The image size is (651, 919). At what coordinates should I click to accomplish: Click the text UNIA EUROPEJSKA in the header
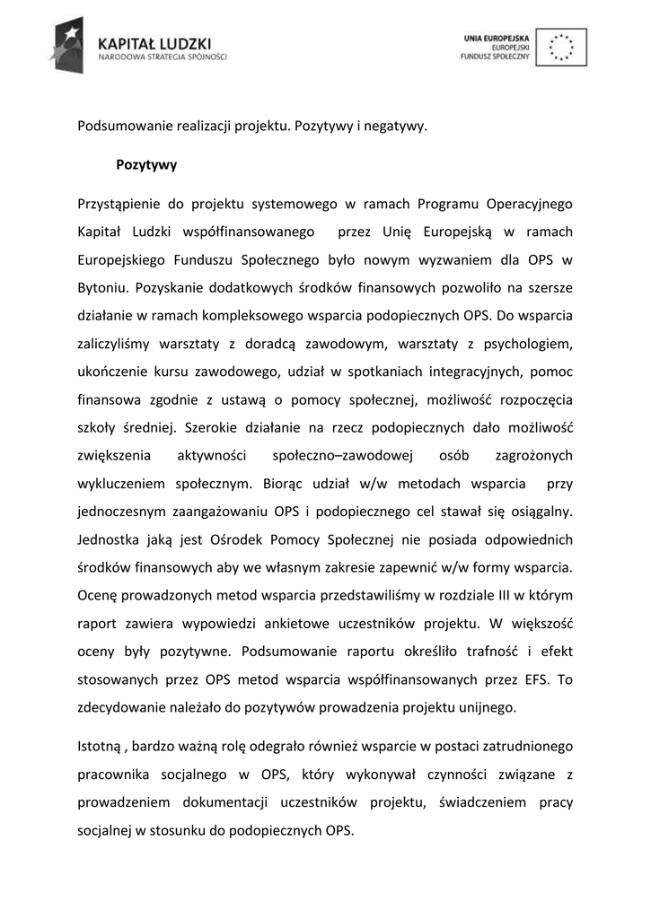coord(498,38)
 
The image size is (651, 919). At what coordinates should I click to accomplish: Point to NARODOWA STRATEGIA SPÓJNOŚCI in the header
coord(163,56)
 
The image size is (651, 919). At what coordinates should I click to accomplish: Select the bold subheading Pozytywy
coord(146,165)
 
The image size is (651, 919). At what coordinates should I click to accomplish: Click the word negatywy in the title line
coord(396,126)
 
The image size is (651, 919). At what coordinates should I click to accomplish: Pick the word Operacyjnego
coord(530,205)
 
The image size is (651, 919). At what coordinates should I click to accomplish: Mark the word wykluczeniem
coord(121,484)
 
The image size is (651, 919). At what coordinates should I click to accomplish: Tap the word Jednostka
coord(110,539)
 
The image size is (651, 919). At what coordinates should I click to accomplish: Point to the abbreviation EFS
coord(538,679)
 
